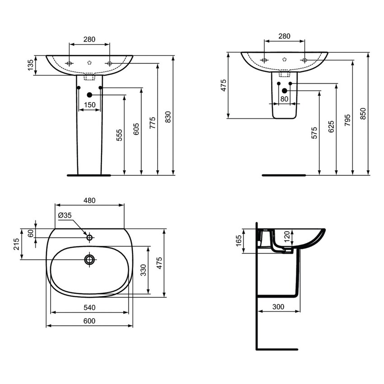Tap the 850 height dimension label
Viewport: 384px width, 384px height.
363,113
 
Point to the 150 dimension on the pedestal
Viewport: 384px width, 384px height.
90,105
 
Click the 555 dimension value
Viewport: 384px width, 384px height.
119,135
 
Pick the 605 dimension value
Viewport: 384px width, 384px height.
136,129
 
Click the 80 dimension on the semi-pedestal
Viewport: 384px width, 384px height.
284,98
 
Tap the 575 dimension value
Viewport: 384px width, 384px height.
314,132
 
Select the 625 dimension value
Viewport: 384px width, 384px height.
331,126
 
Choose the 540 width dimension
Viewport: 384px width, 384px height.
89,308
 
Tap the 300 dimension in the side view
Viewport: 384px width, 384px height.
278,307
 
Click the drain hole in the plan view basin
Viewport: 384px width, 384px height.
89,259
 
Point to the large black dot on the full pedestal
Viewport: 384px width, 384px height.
89,95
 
